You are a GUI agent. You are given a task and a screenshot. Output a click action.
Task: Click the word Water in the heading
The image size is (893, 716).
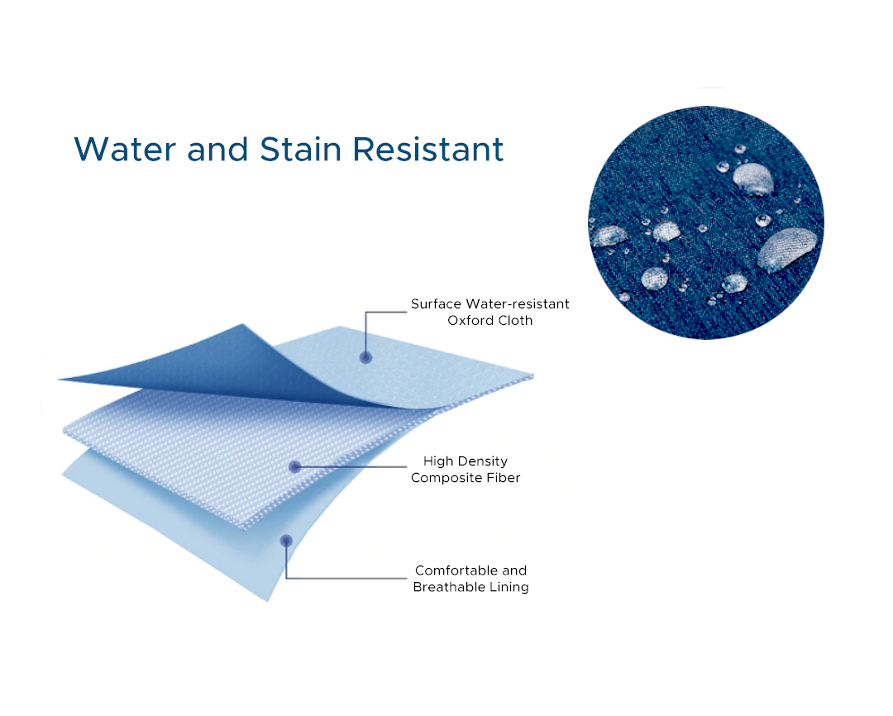126,150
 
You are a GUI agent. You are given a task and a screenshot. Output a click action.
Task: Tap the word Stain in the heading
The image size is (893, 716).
301,150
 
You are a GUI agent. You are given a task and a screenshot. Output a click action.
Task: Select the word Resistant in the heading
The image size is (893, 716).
428,150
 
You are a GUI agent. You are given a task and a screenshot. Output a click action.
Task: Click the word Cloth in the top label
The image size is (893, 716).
513,321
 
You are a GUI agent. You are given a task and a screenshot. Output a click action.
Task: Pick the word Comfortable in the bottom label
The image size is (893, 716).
456,570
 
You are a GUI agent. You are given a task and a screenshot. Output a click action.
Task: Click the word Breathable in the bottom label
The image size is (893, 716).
449,587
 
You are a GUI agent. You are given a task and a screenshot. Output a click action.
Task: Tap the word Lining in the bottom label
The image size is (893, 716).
509,588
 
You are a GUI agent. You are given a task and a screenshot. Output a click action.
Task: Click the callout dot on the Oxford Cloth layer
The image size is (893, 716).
366,358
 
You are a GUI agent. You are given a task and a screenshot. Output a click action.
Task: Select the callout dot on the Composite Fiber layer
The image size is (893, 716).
295,467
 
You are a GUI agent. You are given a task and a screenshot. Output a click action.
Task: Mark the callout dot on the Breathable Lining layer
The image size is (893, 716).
286,541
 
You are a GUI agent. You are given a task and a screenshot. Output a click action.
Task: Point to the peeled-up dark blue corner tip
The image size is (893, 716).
59,379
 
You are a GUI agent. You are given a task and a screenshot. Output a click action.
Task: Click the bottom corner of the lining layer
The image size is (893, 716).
267,600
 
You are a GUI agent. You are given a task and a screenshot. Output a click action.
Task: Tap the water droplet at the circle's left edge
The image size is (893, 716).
609,236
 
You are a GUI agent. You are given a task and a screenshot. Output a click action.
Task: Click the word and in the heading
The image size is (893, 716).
218,150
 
